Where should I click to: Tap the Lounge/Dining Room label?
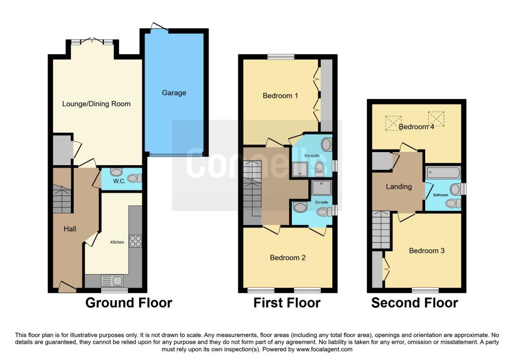(96, 104)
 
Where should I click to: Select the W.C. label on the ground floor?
(118, 181)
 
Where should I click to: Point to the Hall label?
(70, 229)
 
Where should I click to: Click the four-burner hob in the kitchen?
(136, 241)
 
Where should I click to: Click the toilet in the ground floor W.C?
(134, 178)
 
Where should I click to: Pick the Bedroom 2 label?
(288, 258)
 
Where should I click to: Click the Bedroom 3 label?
(426, 251)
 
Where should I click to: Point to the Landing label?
(399, 187)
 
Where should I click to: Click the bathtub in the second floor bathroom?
(443, 172)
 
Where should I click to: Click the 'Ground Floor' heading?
(128, 303)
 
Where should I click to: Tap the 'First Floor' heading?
(287, 303)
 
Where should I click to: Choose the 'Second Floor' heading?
(414, 303)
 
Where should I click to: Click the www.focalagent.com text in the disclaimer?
(324, 349)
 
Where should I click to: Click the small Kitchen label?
(117, 242)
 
